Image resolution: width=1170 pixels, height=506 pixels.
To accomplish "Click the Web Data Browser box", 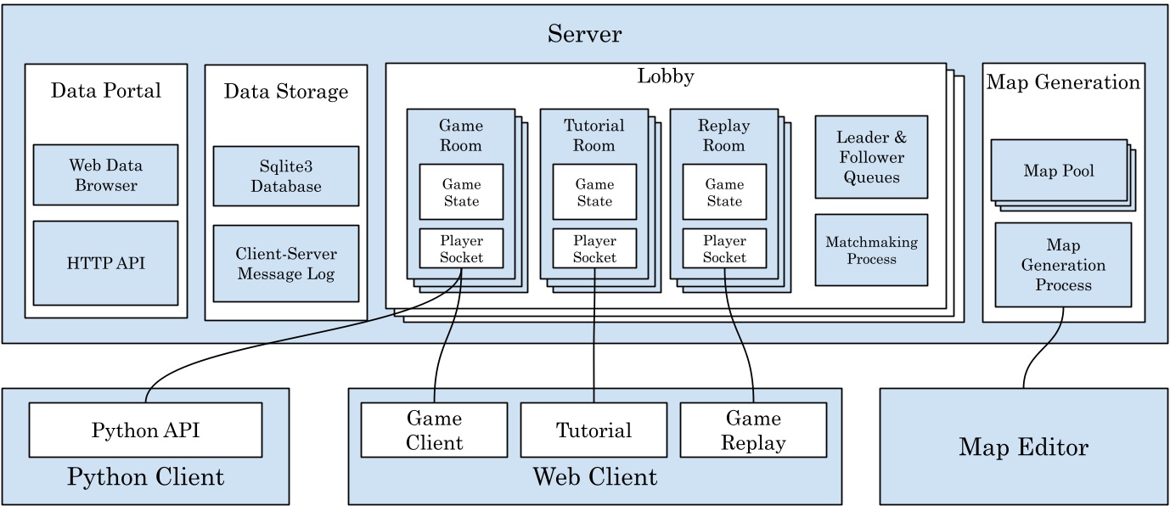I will (105, 174).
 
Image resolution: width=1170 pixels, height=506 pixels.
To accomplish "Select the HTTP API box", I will (105, 263).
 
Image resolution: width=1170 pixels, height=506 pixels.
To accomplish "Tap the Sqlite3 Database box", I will (285, 176).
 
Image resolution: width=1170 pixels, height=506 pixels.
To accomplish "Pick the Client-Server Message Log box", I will (285, 263).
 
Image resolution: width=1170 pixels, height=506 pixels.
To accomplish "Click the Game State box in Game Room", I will (461, 192).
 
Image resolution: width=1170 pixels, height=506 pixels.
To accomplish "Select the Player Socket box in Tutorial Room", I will (593, 248).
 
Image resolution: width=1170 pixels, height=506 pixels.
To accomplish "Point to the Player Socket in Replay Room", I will (724, 248).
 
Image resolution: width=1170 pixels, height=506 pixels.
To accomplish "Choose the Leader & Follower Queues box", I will (870, 157).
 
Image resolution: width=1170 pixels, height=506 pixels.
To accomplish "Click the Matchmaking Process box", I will (870, 250).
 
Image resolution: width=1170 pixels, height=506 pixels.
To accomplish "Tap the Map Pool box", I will (1058, 171).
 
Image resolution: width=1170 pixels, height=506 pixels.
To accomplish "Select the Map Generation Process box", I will (1062, 265).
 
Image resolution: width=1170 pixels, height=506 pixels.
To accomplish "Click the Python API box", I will (145, 430).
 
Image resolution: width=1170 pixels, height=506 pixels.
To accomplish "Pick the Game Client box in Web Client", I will (434, 430).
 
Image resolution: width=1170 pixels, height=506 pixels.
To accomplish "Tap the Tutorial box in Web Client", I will (593, 430).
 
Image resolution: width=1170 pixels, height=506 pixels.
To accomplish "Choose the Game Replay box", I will (753, 430).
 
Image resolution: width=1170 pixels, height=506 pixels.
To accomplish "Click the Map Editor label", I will (1023, 447).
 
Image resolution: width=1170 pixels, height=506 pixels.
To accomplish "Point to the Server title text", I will (584, 34).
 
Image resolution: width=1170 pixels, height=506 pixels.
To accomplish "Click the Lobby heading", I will (666, 76).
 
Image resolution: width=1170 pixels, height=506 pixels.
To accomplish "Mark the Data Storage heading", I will (285, 91).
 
